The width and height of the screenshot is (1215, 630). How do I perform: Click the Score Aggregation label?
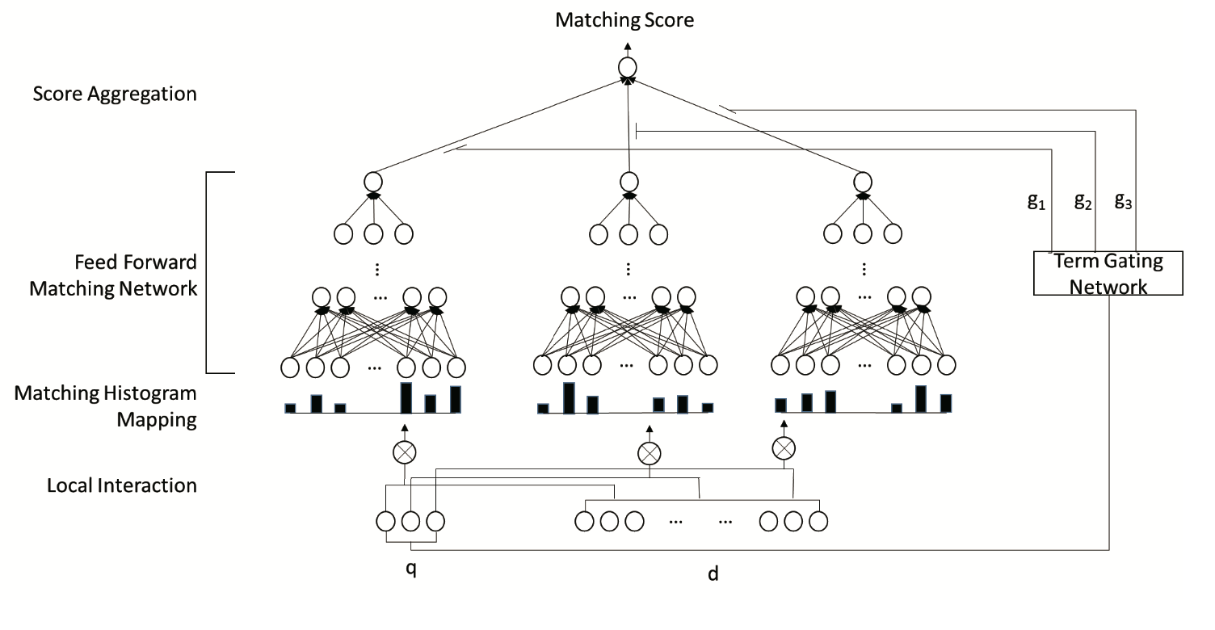115,94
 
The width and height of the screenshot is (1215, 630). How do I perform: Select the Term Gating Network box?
1108,273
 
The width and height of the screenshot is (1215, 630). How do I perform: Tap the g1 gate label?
1036,203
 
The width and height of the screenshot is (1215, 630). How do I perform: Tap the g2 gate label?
1083,201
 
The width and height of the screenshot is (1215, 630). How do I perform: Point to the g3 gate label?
1123,201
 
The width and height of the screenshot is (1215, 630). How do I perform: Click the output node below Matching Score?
628,68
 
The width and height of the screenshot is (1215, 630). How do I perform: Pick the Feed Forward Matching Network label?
113,275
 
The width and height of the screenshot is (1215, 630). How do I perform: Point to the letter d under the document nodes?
713,573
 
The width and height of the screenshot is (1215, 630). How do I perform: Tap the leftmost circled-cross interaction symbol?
405,451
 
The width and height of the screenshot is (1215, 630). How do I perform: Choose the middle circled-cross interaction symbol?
648,454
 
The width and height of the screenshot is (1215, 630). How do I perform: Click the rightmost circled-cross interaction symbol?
783,447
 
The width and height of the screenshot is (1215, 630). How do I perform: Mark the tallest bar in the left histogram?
406,397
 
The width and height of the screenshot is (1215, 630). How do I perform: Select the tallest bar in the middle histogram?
569,397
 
